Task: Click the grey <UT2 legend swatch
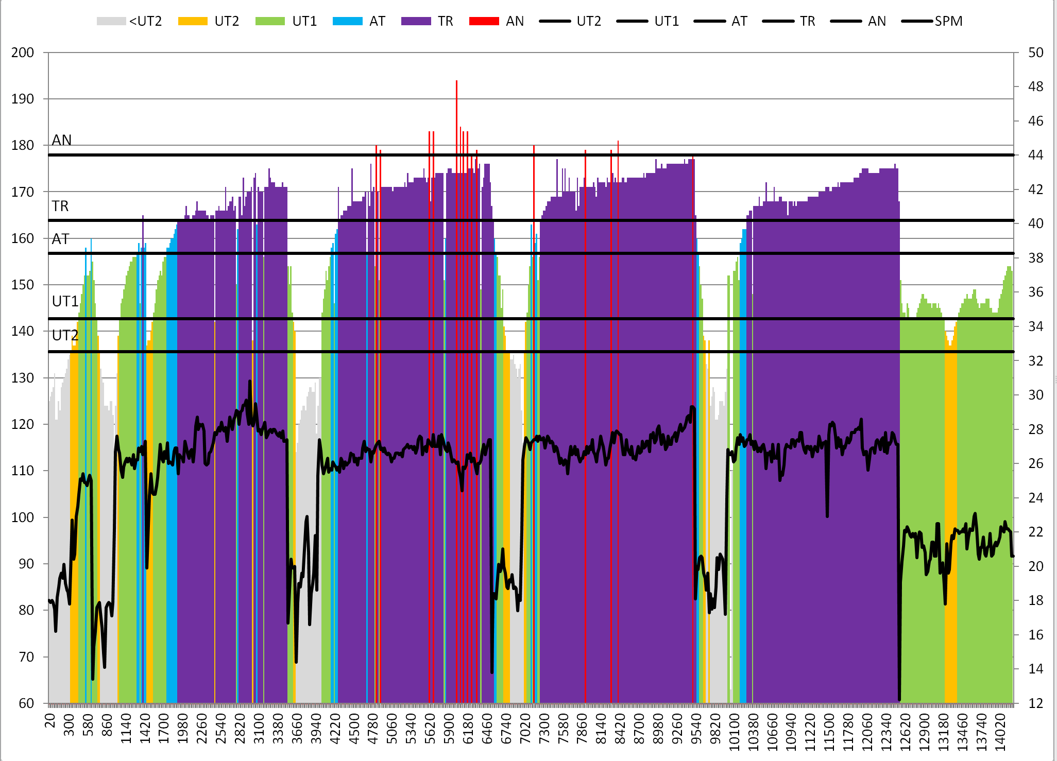111,21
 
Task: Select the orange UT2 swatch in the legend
193,21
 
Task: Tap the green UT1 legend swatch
270,21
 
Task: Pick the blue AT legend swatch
348,21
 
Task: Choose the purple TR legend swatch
416,21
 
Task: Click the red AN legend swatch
484,21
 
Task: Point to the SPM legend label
948,21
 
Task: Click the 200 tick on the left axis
23,53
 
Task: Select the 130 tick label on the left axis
23,378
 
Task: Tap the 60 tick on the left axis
26,703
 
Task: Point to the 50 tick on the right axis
1036,53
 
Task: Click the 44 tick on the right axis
1036,155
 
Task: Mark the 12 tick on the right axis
1036,703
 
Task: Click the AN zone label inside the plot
62,140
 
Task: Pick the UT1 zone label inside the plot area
65,301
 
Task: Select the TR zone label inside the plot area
60,206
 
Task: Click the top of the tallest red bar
456,81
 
